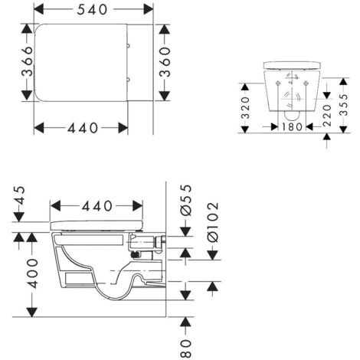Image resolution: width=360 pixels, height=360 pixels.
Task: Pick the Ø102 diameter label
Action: [212, 222]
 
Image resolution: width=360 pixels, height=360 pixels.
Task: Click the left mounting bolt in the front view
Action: [276, 77]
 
